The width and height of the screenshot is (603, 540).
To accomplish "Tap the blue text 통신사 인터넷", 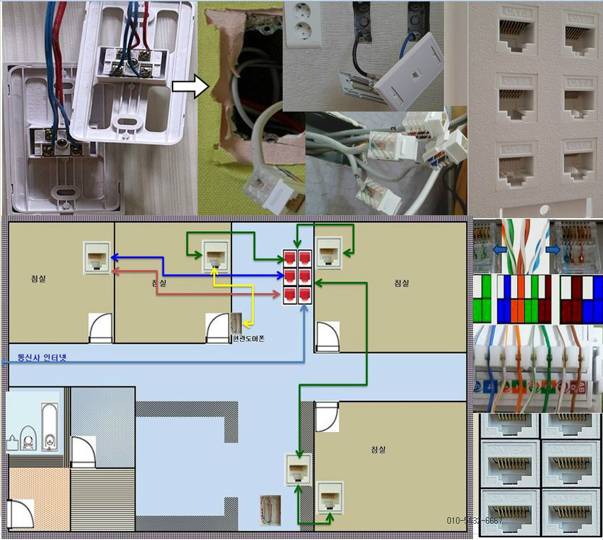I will point(41,357).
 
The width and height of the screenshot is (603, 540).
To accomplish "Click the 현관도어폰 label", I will point(249,339).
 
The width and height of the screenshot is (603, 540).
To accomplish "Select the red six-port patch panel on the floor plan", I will point(298,276).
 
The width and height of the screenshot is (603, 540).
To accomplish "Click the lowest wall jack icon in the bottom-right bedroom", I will point(330,497).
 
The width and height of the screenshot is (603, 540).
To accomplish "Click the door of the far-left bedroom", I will point(100,328).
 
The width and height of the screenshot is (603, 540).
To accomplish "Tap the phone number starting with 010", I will point(474,520).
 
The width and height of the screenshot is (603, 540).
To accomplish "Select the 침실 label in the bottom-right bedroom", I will point(379,450).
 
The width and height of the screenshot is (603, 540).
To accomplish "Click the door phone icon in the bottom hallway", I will point(271,511).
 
